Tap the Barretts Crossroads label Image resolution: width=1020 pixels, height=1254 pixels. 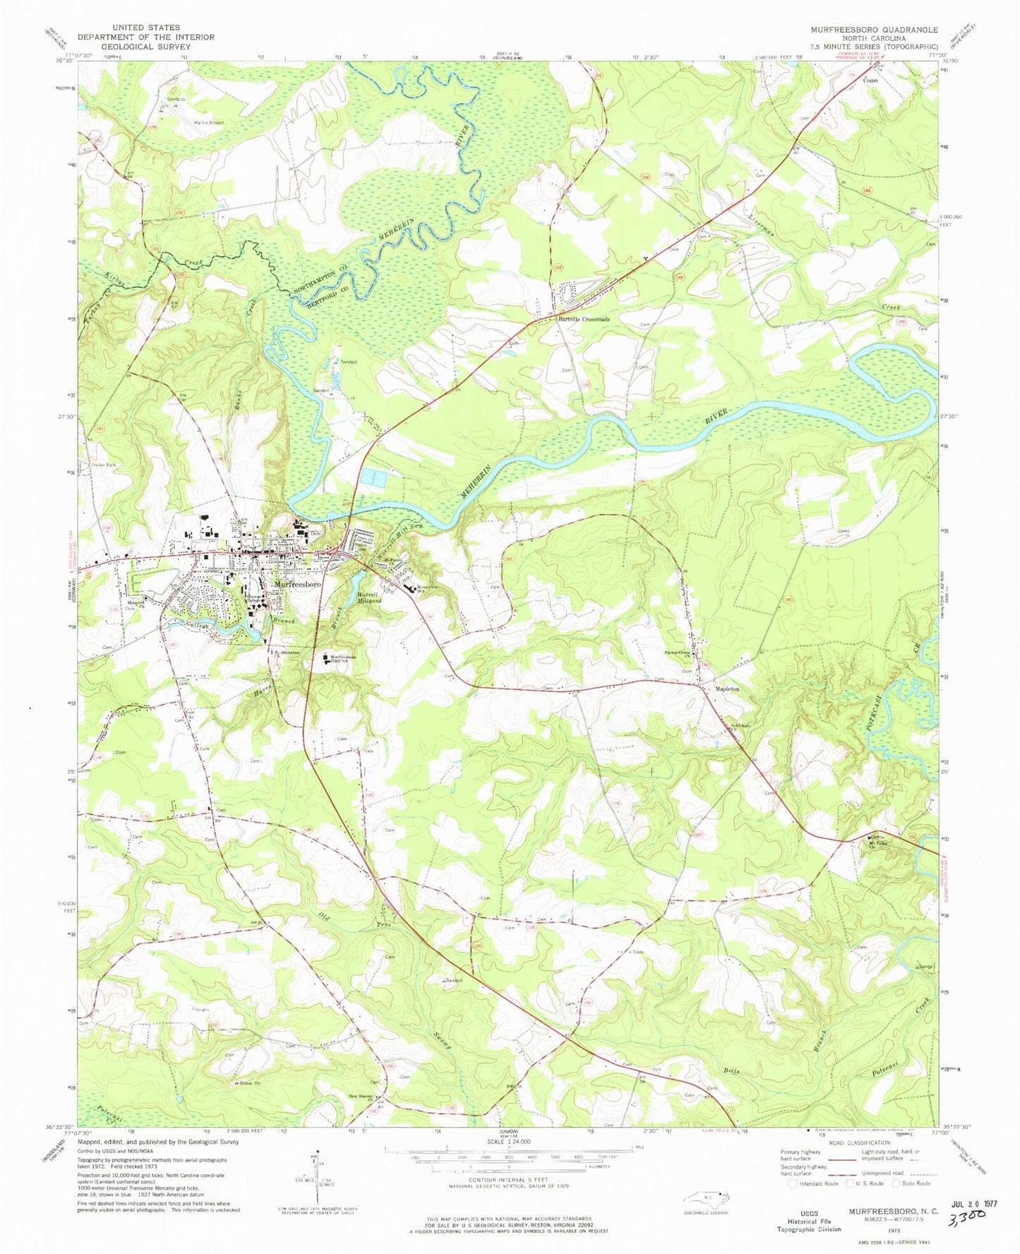584,319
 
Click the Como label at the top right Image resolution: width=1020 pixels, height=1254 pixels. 870,81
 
